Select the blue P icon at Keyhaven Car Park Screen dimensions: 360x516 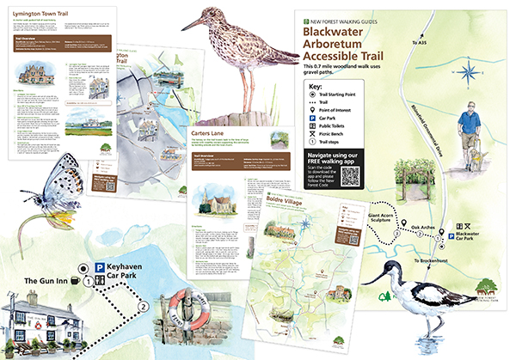coord(100,268)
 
